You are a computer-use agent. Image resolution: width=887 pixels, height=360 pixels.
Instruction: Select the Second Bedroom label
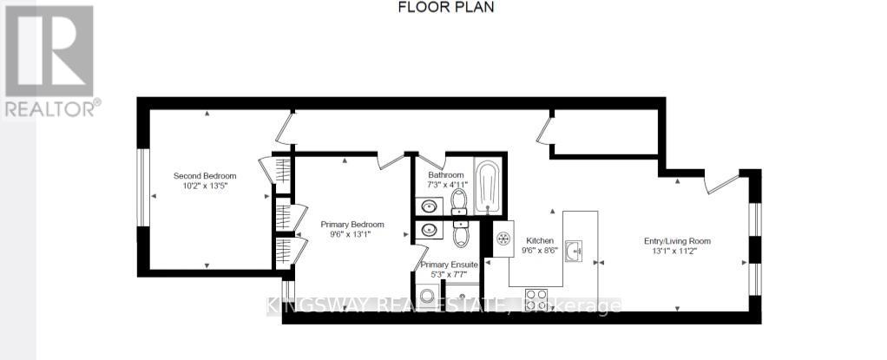pos(205,175)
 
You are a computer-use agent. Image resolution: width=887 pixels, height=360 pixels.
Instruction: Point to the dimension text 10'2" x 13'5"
pos(205,186)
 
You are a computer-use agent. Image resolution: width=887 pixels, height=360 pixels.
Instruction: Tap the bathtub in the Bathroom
pos(489,185)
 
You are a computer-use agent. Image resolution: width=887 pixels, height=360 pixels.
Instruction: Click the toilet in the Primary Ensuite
pos(461,232)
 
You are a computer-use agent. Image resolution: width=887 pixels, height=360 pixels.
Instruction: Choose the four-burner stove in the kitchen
pos(536,300)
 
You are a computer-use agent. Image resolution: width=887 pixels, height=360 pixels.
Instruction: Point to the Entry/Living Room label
pos(673,241)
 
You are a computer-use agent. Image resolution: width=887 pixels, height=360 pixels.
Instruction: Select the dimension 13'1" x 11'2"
pos(673,252)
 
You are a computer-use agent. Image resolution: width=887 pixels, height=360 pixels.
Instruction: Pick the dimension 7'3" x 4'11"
pos(447,184)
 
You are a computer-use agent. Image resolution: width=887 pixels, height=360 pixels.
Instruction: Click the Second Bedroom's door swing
pos(284,129)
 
